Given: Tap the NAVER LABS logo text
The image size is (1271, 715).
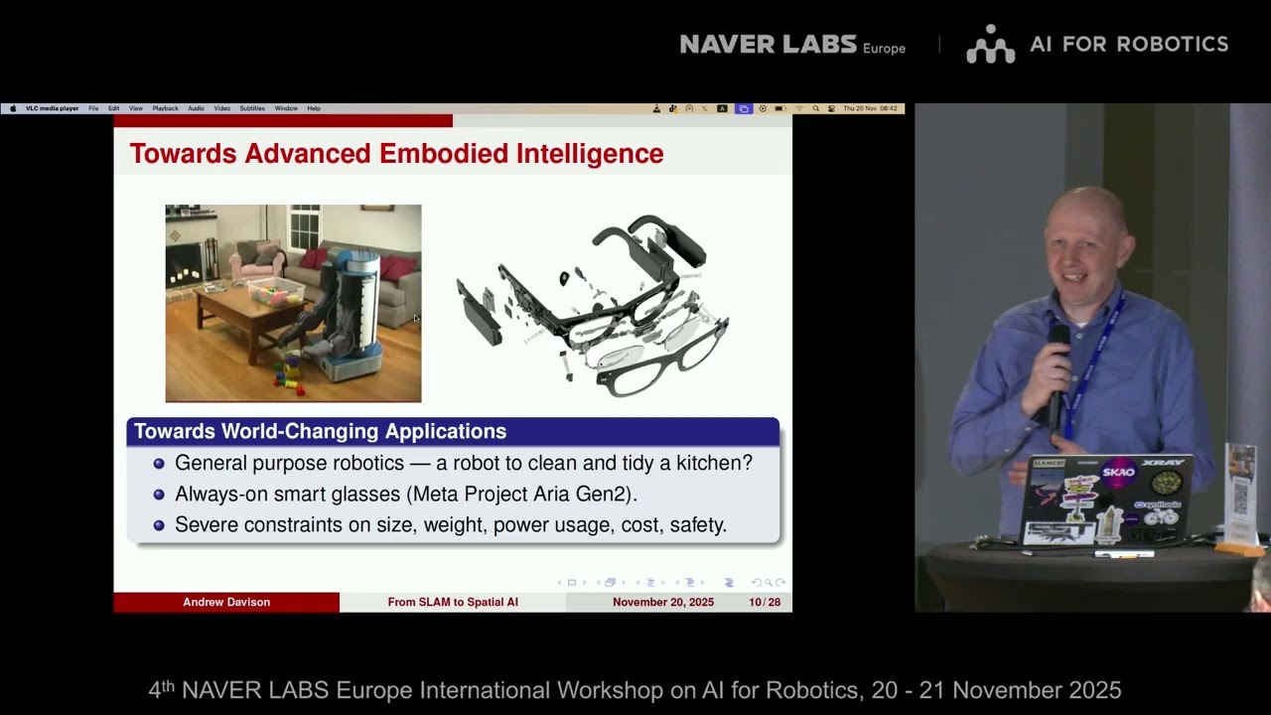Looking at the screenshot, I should pos(768,44).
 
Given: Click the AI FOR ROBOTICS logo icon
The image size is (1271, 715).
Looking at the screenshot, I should pos(990,45).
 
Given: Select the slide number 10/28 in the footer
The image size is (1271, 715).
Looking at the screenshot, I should pos(765,602).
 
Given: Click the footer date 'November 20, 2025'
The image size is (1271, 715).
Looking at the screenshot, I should pos(662,602).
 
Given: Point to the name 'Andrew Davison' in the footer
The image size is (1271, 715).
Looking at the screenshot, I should pos(226,602).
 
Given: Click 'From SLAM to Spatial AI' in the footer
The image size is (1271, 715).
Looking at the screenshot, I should pos(453,602).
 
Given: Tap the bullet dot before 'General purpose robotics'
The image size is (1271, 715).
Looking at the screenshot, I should pos(159,464).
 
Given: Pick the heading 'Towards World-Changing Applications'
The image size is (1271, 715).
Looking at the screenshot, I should pos(320,431).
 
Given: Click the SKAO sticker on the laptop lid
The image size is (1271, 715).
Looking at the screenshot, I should pos(1118,473).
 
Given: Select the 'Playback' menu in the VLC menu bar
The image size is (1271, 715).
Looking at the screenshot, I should pos(165,108).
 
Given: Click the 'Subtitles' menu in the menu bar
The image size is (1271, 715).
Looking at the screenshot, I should pos(252,108).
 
